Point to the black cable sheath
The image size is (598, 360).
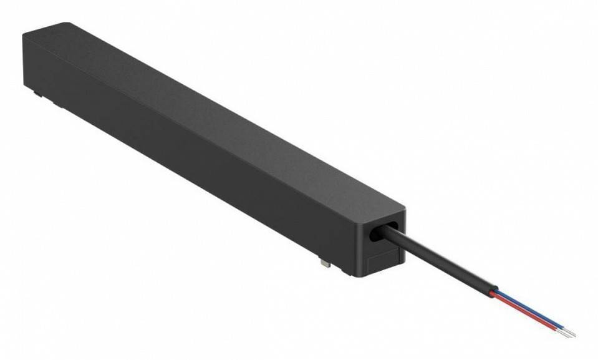[x=436, y=263]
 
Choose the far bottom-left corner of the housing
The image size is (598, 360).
[x=25, y=87]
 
